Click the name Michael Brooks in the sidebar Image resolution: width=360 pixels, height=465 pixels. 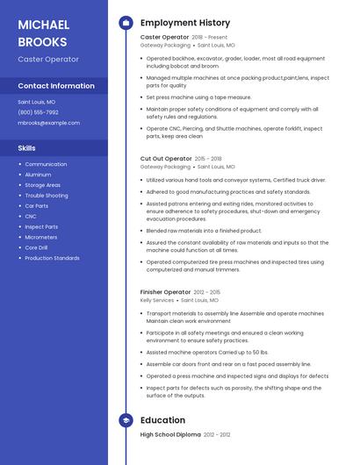(x=43, y=32)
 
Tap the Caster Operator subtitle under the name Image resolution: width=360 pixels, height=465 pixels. (x=48, y=60)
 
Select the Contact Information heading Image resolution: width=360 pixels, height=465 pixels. (x=56, y=86)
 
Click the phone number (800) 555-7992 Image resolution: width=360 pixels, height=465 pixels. (x=39, y=112)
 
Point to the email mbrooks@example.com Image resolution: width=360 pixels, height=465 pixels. (x=48, y=123)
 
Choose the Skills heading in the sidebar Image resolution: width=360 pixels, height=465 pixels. (x=27, y=148)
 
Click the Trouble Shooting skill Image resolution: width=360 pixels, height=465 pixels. (x=46, y=196)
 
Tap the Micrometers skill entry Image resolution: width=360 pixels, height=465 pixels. (x=40, y=237)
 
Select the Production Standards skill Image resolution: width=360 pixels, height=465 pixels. (x=52, y=258)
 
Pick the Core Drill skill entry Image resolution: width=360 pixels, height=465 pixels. (x=38, y=247)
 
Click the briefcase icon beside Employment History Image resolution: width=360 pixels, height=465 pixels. (x=126, y=23)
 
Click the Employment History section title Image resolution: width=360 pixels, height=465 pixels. (x=185, y=23)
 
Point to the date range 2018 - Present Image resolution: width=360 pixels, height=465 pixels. (x=209, y=38)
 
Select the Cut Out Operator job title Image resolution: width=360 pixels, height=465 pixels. (x=166, y=159)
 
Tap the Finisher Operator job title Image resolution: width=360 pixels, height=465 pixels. (x=165, y=292)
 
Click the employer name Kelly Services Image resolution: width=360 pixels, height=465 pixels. (x=157, y=300)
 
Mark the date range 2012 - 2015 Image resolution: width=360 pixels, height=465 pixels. (x=207, y=292)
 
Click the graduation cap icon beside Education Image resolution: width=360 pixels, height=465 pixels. (x=126, y=420)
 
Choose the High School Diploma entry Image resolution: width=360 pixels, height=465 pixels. (x=170, y=435)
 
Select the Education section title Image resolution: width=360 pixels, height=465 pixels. (x=162, y=420)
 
